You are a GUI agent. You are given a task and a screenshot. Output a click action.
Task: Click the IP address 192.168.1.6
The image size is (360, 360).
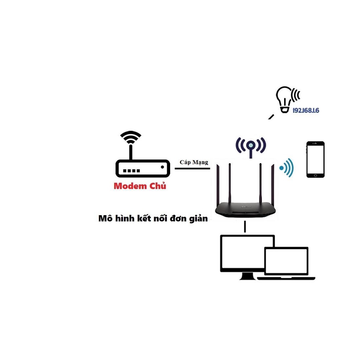tap(306, 110)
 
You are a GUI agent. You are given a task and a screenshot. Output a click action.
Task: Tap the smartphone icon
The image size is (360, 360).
tap(315, 159)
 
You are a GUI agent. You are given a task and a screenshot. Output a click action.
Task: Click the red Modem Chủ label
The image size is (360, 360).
tap(140, 186)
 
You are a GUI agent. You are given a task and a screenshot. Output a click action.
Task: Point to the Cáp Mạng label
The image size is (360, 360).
tap(194, 162)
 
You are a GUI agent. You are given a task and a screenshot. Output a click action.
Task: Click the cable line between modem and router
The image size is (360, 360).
tap(192, 169)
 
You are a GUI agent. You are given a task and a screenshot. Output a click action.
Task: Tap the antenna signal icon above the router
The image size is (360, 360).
tap(251, 145)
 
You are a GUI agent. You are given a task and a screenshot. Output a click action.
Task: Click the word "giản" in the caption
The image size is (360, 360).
tap(198, 218)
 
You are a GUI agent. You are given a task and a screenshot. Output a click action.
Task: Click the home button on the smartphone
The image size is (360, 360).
tap(315, 175)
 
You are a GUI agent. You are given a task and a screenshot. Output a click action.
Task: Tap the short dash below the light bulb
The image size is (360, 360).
tap(271, 117)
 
